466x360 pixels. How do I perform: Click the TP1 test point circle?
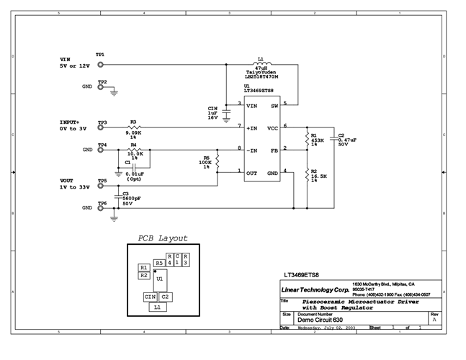click(x=101, y=63)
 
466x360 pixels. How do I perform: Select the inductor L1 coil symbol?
click(x=260, y=63)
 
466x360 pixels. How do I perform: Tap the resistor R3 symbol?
click(x=133, y=127)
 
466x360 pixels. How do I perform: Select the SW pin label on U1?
click(x=274, y=105)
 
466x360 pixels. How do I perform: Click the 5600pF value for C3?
click(x=131, y=199)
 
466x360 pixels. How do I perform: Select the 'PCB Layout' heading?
click(x=163, y=238)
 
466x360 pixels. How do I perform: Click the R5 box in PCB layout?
click(x=158, y=263)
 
